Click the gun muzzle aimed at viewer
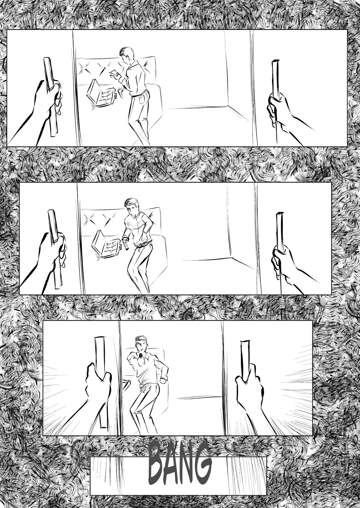click(x=141, y=356)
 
